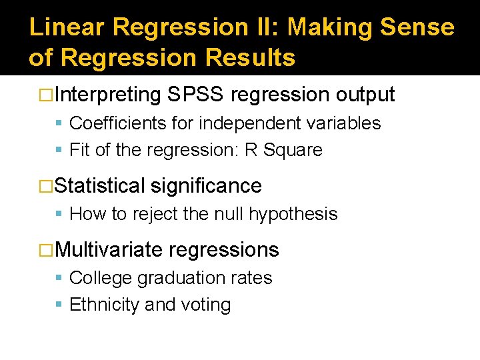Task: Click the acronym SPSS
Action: coord(196,95)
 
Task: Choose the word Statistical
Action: coord(100,185)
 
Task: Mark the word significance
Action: coord(207,185)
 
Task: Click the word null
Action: coord(230,214)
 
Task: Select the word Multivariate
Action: coord(109,250)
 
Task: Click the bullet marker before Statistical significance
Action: coord(46,185)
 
